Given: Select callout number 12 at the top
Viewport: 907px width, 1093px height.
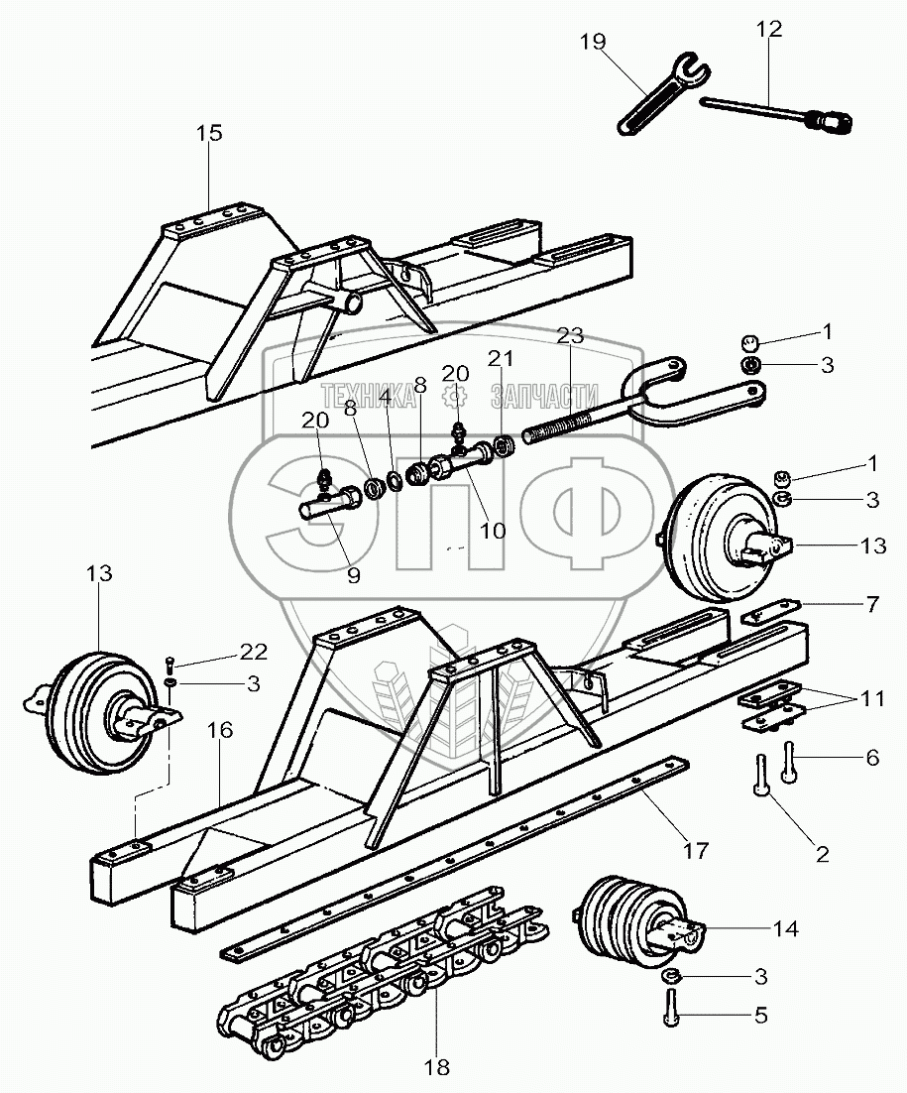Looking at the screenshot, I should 769,30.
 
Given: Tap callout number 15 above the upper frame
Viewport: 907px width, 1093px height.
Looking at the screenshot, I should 210,133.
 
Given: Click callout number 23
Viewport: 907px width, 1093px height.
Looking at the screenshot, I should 569,336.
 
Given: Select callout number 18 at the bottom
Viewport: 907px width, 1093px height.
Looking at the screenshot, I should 436,1067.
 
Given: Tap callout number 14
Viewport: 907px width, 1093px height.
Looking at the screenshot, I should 785,929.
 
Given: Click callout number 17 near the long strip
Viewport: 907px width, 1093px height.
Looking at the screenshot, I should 695,849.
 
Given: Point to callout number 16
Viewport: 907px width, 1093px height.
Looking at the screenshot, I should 220,730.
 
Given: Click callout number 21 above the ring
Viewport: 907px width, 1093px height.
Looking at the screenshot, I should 501,358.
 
